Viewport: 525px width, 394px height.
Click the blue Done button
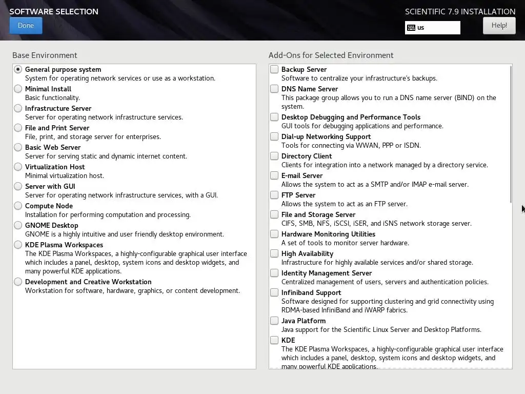click(x=26, y=26)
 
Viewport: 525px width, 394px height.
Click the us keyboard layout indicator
click(x=433, y=28)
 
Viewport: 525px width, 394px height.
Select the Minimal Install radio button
click(x=18, y=89)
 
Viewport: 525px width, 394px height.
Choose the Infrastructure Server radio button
click(x=18, y=108)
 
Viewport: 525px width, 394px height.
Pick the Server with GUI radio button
click(x=18, y=186)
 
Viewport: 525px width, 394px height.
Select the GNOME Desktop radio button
click(x=18, y=225)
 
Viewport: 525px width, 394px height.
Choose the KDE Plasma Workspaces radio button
click(x=18, y=245)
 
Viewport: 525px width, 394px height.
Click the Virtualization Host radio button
click(x=18, y=167)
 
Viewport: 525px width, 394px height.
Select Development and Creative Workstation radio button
click(x=18, y=282)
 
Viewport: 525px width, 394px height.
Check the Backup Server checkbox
click(x=275, y=69)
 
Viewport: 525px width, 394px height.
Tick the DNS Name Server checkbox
click(x=275, y=89)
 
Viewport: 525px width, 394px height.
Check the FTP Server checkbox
click(x=275, y=195)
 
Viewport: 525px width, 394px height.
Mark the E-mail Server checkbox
click(x=275, y=175)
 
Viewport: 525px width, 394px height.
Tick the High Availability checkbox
click(x=275, y=253)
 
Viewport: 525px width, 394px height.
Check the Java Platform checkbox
click(x=275, y=321)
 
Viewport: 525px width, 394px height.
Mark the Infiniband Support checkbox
click(x=275, y=292)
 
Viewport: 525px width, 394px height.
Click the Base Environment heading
click(x=45, y=55)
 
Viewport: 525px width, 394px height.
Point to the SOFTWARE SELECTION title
click(x=54, y=11)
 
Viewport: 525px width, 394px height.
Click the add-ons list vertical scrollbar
click(x=511, y=133)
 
